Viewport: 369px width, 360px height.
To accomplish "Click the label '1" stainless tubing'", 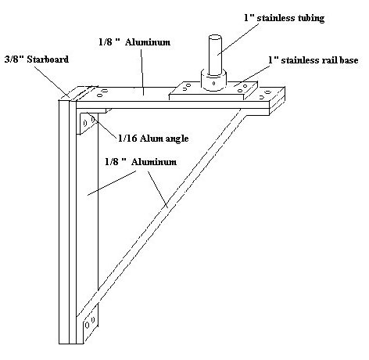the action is (285, 18).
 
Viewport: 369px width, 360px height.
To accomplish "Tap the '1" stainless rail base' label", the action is (313, 60).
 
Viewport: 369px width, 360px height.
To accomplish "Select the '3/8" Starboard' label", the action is (37, 59).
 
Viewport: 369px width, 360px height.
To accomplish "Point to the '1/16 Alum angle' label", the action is (153, 139).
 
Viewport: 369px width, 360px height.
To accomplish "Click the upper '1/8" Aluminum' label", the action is (134, 42).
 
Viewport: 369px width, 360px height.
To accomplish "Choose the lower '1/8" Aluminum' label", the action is (141, 162).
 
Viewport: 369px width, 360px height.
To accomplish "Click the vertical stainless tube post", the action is (215, 56).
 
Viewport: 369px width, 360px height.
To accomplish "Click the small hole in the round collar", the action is (213, 84).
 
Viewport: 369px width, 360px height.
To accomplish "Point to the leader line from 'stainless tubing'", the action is (238, 40).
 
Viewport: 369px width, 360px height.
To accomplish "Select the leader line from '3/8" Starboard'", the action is (52, 81).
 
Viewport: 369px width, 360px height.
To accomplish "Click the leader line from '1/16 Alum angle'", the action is (102, 126).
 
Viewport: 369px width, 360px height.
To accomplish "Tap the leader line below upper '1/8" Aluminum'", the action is (142, 71).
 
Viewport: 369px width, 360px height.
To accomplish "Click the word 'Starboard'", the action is (48, 59).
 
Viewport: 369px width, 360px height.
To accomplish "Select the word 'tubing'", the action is (310, 19).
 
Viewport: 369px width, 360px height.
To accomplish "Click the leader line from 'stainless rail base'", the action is (252, 76).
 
